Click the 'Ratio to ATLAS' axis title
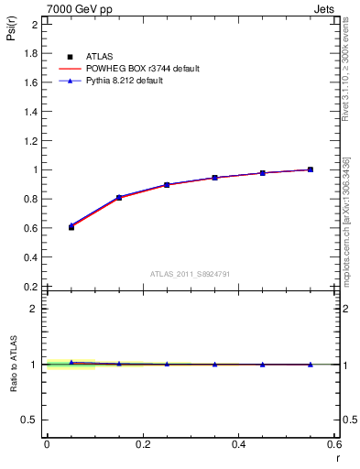tap(13, 364)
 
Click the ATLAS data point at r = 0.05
tap(71, 227)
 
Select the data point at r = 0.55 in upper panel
tap(311, 169)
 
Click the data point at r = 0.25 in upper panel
tap(167, 185)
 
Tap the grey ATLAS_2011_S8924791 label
tap(190, 274)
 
